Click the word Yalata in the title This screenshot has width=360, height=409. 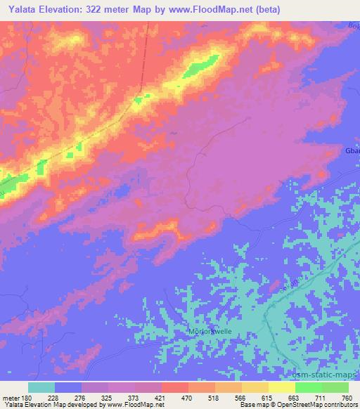click(20, 9)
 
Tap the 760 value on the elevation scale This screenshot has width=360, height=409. click(345, 397)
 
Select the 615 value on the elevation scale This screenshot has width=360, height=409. click(266, 397)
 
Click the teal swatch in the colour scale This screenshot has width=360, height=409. click(41, 387)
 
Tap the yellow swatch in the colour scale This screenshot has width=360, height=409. click(282, 387)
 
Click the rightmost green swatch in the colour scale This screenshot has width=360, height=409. click(335, 387)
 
